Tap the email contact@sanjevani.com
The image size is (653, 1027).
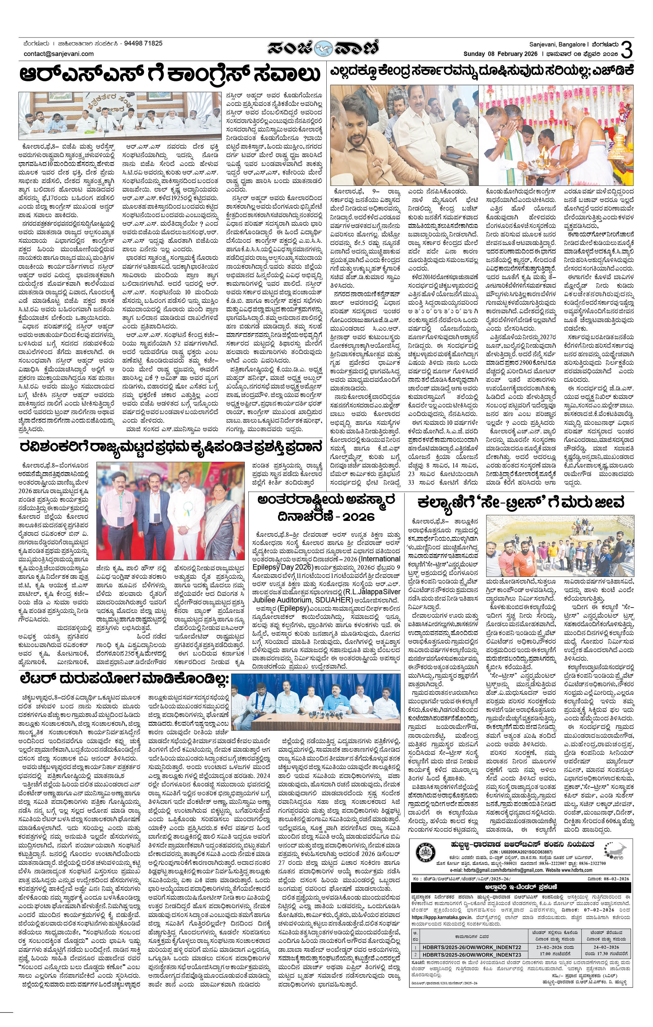point(59,54)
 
